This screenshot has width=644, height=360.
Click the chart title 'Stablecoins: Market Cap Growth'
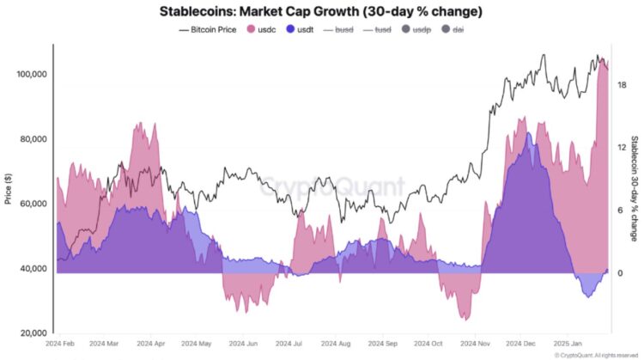point(321,12)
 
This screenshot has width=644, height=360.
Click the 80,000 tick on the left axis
point(31,139)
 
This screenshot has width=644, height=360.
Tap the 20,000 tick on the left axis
point(31,333)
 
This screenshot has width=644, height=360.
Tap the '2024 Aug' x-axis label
point(333,342)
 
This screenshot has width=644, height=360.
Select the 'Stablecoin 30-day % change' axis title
point(634,188)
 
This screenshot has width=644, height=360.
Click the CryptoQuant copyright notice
point(596,354)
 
